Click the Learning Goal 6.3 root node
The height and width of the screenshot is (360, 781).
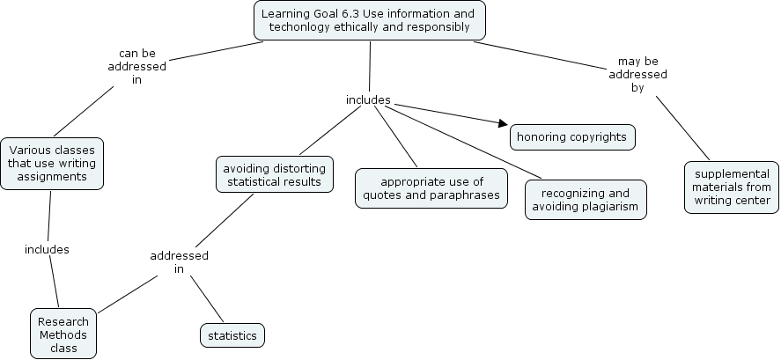pyautogui.click(x=369, y=20)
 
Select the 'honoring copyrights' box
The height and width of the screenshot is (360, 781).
pyautogui.click(x=571, y=136)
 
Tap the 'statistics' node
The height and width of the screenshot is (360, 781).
pyautogui.click(x=232, y=335)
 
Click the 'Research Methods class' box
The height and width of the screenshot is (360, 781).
pyautogui.click(x=63, y=334)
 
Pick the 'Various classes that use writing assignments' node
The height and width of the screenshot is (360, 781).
pyautogui.click(x=52, y=163)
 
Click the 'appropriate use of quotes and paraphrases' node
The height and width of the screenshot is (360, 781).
pyautogui.click(x=431, y=187)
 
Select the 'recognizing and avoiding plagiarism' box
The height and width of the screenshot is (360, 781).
pyautogui.click(x=585, y=200)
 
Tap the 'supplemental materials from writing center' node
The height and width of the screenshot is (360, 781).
pyautogui.click(x=732, y=187)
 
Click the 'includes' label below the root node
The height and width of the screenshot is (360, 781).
pyautogui.click(x=368, y=99)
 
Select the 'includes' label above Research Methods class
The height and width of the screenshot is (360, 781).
pyautogui.click(x=47, y=249)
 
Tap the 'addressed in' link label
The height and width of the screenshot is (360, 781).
pyautogui.click(x=179, y=262)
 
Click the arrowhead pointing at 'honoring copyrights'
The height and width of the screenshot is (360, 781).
pyautogui.click(x=504, y=124)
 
